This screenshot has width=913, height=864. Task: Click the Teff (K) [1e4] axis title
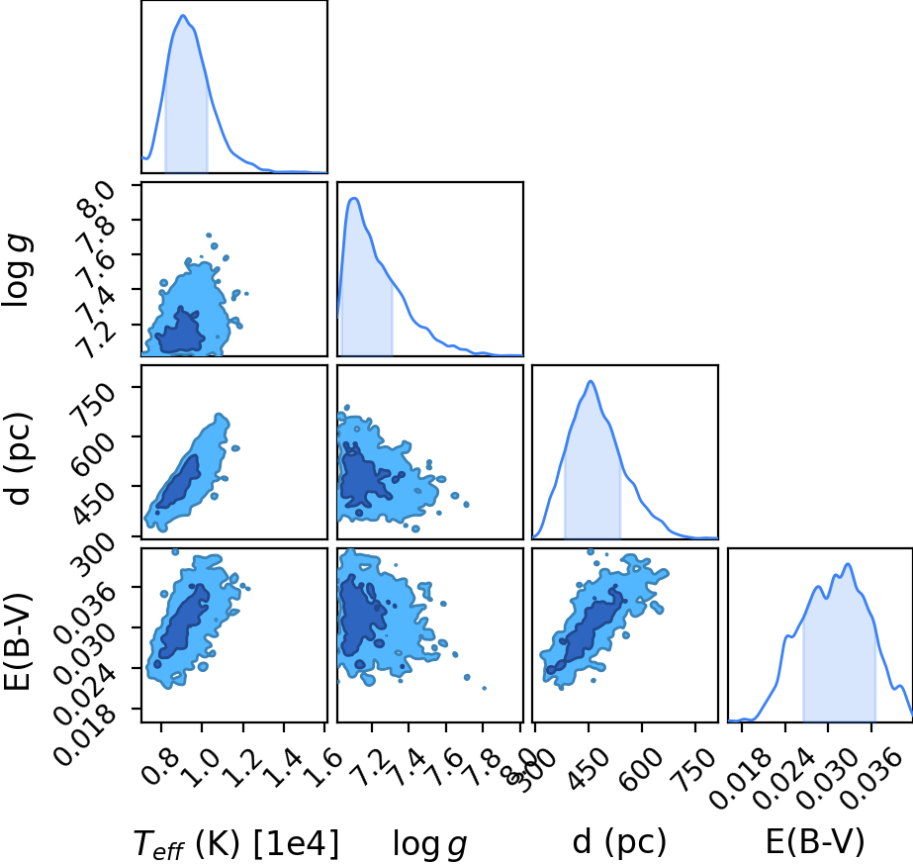pos(235,843)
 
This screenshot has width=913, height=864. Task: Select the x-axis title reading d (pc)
pos(619,842)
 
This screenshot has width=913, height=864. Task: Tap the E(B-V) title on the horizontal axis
pos(815,842)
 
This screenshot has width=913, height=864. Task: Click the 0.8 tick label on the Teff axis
pos(156,766)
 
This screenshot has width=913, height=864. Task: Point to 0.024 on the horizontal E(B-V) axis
pos(781,778)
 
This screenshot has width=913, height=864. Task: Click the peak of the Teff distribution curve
pos(183,15)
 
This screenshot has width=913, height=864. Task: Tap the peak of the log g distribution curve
pos(354,199)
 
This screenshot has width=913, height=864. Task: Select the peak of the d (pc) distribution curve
pos(591,381)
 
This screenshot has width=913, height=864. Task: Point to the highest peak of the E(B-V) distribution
pos(848,564)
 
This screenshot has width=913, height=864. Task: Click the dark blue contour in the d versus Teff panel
pos(179,482)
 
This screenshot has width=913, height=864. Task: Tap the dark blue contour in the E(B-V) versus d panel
pos(586,631)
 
